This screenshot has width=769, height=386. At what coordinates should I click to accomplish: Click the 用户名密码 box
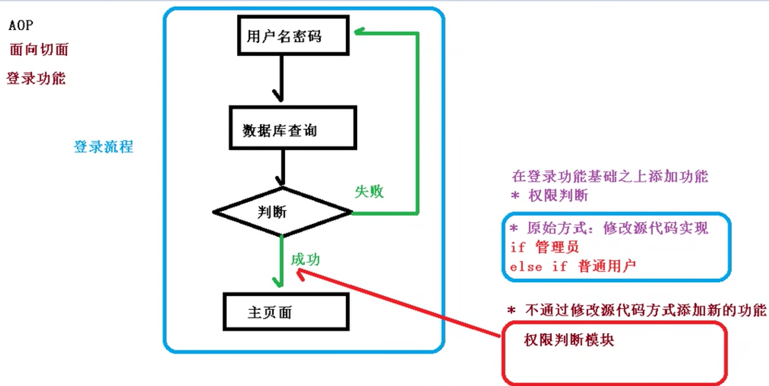coord(293,35)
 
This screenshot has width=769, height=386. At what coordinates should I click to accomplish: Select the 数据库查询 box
coord(293,128)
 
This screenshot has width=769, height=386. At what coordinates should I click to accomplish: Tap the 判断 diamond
coord(282,212)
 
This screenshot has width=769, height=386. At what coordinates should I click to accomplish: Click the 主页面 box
coord(286,312)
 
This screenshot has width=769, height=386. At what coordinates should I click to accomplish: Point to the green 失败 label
coord(369,191)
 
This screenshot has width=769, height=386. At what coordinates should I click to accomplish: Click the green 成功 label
coord(305,259)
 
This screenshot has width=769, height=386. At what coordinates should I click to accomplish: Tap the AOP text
coord(21,25)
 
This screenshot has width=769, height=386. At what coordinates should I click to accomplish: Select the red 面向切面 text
coord(39,49)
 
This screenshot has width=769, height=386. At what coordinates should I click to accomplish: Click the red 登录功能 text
coord(36,78)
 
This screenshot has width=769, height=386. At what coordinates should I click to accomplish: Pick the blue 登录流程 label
coord(103,147)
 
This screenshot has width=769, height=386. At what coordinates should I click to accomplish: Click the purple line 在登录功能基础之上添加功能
coord(610,176)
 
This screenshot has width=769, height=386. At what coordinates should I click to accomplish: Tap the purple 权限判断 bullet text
coord(558,195)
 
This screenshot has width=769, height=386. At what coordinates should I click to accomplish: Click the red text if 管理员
coord(544,247)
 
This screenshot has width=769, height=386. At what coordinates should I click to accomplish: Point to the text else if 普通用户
coord(573,266)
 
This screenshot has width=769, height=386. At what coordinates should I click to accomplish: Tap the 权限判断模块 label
coord(569,340)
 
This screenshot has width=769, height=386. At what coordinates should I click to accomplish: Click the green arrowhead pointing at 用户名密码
coord(358,31)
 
